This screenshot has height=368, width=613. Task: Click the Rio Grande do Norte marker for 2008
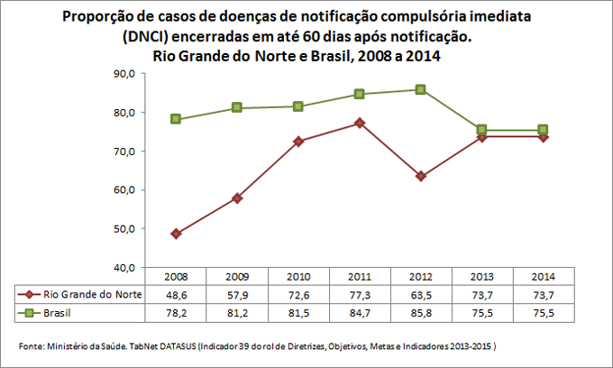(x=176, y=234)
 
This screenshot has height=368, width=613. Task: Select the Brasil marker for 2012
(x=421, y=89)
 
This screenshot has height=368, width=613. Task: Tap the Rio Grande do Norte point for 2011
(x=360, y=123)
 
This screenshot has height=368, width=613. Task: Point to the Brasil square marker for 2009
(x=237, y=107)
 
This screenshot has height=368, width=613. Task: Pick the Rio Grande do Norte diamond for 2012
(x=421, y=176)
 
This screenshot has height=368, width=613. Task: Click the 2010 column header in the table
(x=298, y=276)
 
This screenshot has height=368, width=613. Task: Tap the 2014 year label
(x=544, y=276)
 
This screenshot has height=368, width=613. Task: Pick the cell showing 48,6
(x=176, y=294)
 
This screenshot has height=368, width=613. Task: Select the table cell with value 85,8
(x=421, y=312)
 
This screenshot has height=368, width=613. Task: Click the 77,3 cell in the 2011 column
(x=360, y=294)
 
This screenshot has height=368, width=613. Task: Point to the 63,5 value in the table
(x=421, y=294)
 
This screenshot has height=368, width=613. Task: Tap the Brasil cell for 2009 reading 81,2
(x=237, y=312)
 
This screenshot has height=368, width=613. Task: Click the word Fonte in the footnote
(x=31, y=346)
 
